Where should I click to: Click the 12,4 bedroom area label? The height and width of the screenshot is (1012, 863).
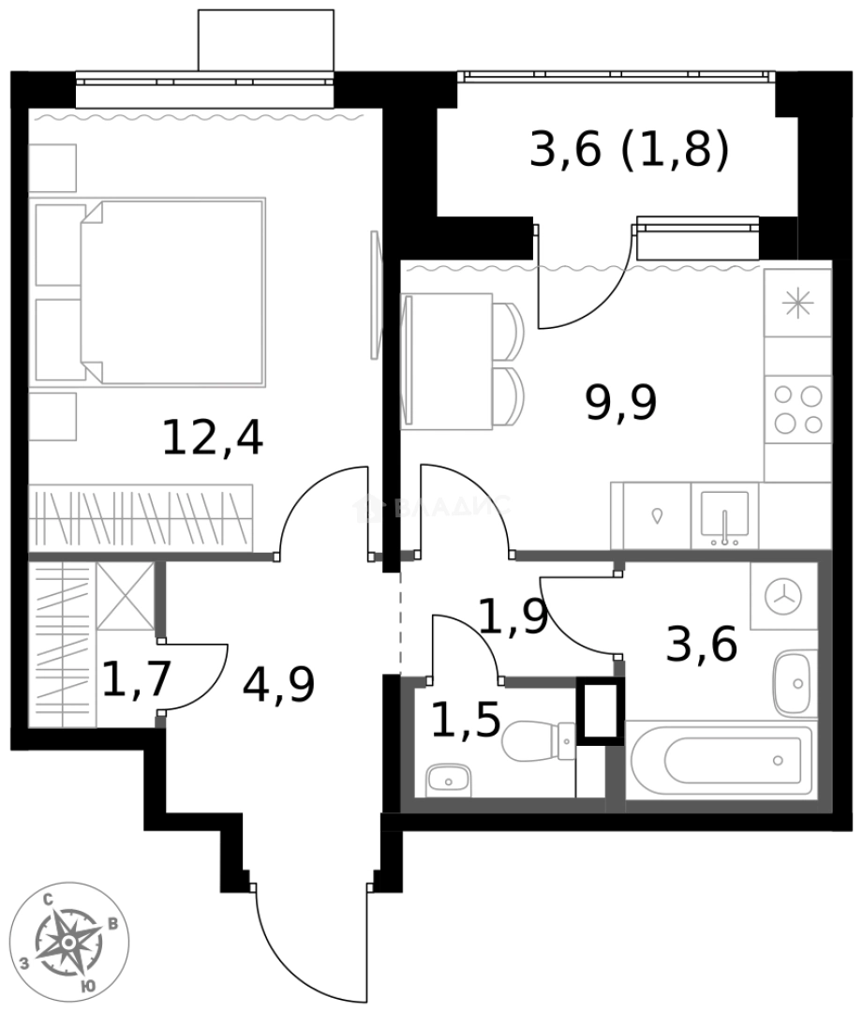pyautogui.click(x=213, y=438)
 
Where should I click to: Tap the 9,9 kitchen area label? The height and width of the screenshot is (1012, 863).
pyautogui.click(x=620, y=403)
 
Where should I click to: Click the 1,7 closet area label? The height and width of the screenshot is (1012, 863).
pyautogui.click(x=136, y=679)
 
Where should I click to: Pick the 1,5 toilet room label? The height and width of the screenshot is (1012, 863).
pyautogui.click(x=466, y=720)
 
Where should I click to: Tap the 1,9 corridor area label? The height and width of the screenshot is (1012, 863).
pyautogui.click(x=513, y=617)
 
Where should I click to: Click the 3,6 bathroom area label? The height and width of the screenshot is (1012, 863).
pyautogui.click(x=701, y=645)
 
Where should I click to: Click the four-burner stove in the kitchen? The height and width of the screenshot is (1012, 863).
pyautogui.click(x=797, y=409)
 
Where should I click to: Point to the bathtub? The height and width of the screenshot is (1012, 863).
pyautogui.click(x=720, y=759)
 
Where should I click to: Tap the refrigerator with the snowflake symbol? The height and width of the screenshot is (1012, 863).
pyautogui.click(x=797, y=303)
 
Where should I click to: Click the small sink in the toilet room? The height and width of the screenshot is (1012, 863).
pyautogui.click(x=449, y=779)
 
